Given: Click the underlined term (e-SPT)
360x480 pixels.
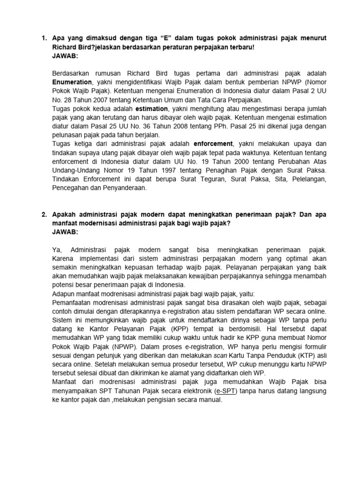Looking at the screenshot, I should coord(227,391).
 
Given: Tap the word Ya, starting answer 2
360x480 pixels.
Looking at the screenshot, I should coord(57,250).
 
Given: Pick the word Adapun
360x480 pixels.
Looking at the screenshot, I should coord(64,294).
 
